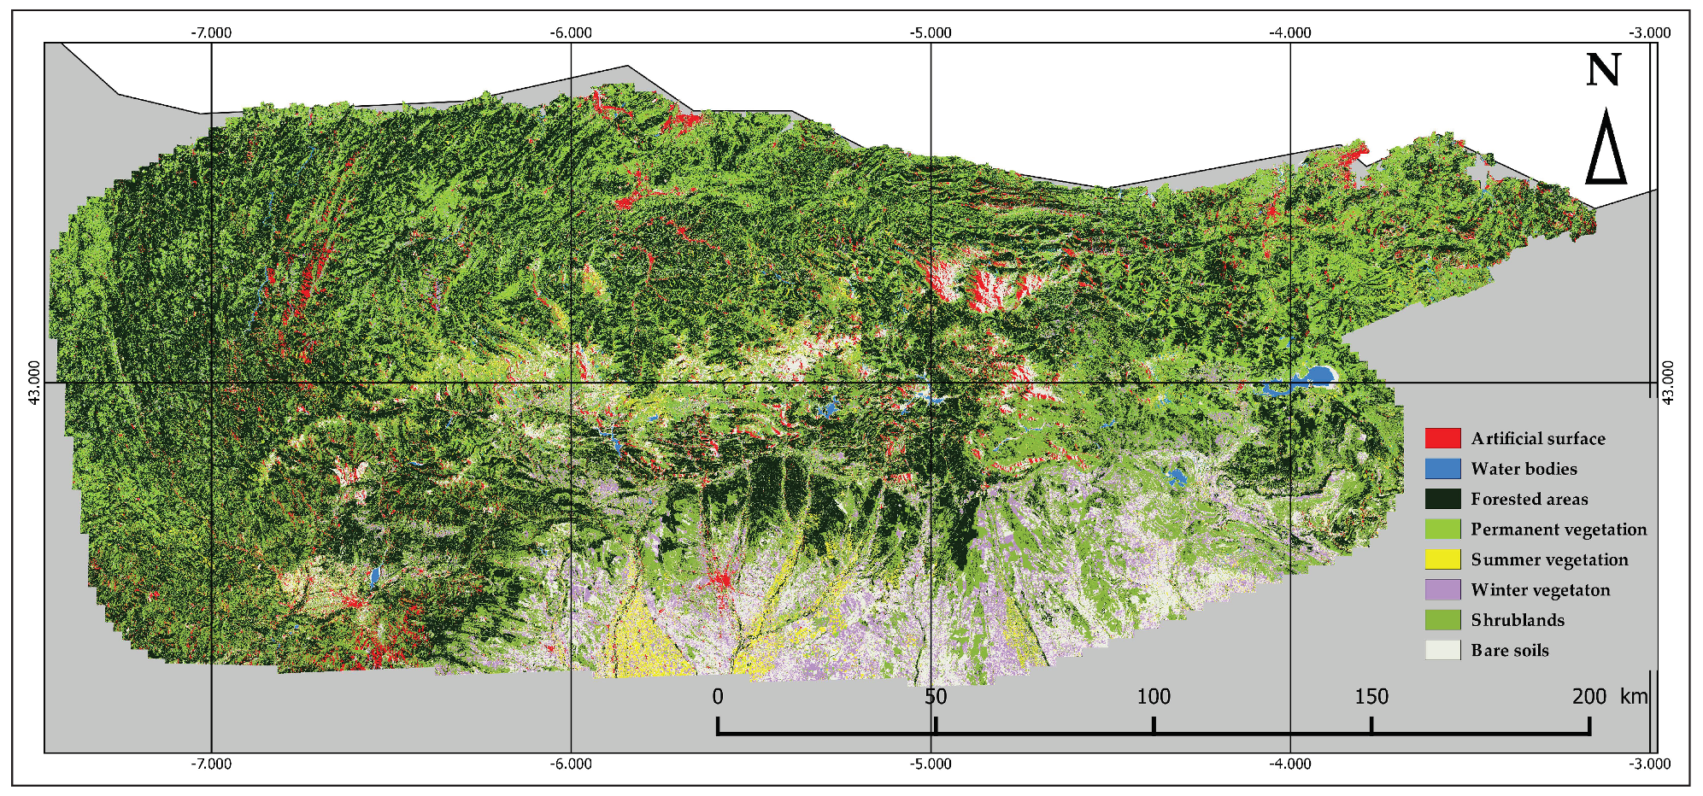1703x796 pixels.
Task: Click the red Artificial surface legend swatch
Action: click(1442, 438)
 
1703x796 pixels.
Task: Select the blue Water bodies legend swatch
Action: click(1442, 469)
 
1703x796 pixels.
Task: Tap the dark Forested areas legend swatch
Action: click(1442, 499)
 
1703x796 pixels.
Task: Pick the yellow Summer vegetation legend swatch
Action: click(1442, 559)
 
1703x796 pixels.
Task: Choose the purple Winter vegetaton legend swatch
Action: click(1442, 589)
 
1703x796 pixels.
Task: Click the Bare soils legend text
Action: click(1509, 651)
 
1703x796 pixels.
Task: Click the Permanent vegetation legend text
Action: click(1558, 530)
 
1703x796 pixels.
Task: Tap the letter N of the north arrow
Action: click(1603, 70)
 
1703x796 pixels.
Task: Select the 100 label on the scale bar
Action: click(1154, 697)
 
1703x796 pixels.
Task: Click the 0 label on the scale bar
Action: click(718, 697)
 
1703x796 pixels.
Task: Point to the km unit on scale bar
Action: click(1633, 697)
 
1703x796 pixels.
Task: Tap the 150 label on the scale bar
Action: click(1371, 697)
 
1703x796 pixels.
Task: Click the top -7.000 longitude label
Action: click(211, 33)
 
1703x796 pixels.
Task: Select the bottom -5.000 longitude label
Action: click(931, 764)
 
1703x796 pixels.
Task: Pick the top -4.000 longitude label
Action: click(1289, 33)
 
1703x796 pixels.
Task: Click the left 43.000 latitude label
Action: click(35, 383)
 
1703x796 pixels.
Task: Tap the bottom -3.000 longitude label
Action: click(1649, 764)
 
